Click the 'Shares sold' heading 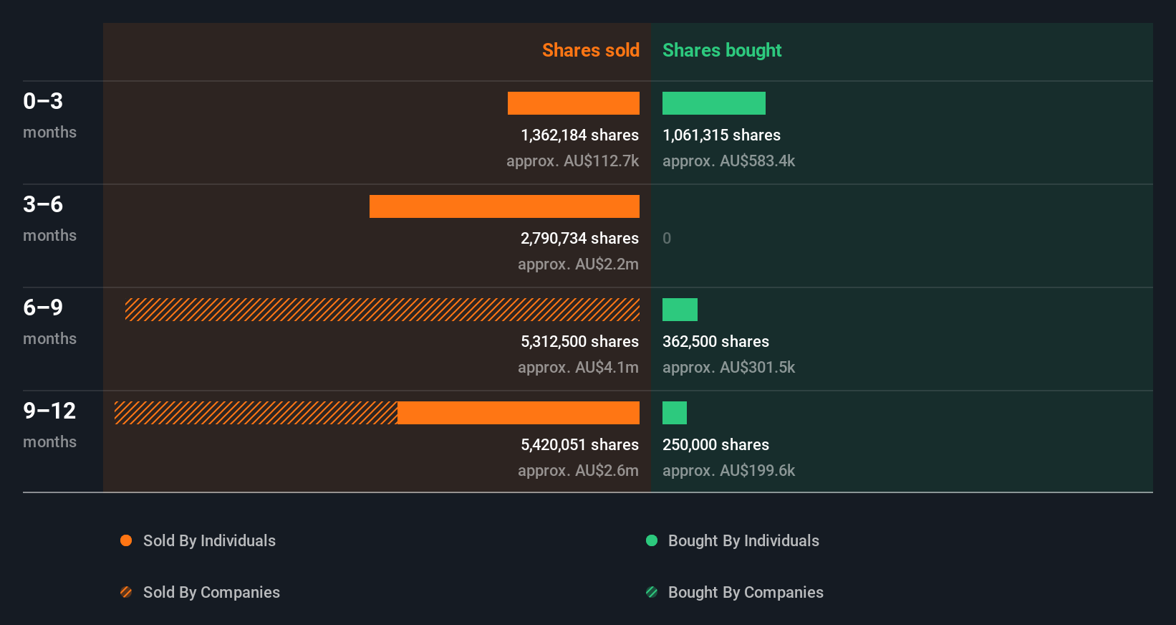[x=590, y=50]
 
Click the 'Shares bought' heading [x=721, y=50]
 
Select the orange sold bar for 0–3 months [x=573, y=103]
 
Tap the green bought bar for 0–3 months [x=713, y=103]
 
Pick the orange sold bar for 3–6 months [x=504, y=206]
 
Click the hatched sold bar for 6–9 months [x=382, y=310]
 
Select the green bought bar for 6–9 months [x=680, y=310]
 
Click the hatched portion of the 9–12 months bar [x=256, y=413]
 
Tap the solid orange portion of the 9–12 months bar [x=518, y=413]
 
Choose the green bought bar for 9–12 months [x=674, y=413]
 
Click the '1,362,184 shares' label [x=579, y=135]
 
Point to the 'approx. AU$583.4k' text [x=728, y=161]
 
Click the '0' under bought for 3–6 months [x=667, y=239]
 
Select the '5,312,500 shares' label [x=579, y=342]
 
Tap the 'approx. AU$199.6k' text [x=728, y=471]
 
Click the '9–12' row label [x=49, y=411]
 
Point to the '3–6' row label [x=43, y=204]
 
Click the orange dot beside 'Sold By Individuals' [x=126, y=540]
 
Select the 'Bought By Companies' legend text [x=745, y=592]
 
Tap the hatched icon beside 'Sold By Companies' [x=126, y=592]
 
